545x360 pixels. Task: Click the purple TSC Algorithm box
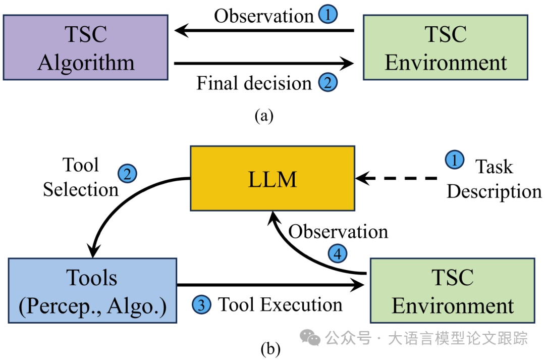click(x=85, y=47)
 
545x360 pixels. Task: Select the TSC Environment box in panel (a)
click(x=446, y=47)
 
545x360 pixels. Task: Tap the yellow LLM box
click(x=272, y=179)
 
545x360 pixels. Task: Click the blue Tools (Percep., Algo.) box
click(x=92, y=290)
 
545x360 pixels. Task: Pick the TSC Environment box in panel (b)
click(x=452, y=290)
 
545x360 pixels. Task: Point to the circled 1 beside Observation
click(x=328, y=15)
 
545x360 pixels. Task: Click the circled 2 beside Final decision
click(x=327, y=83)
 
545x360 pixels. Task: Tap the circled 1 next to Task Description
click(x=455, y=161)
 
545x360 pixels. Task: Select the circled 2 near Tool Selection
click(x=127, y=174)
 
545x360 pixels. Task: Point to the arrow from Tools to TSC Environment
click(x=270, y=285)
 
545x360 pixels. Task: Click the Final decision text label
click(x=254, y=83)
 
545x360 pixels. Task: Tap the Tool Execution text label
click(x=280, y=304)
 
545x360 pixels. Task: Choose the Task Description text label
click(x=494, y=179)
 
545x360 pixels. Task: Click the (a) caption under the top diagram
click(x=264, y=116)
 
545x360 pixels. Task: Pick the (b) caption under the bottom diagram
click(x=270, y=348)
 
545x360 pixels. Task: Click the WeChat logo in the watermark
click(x=310, y=338)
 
